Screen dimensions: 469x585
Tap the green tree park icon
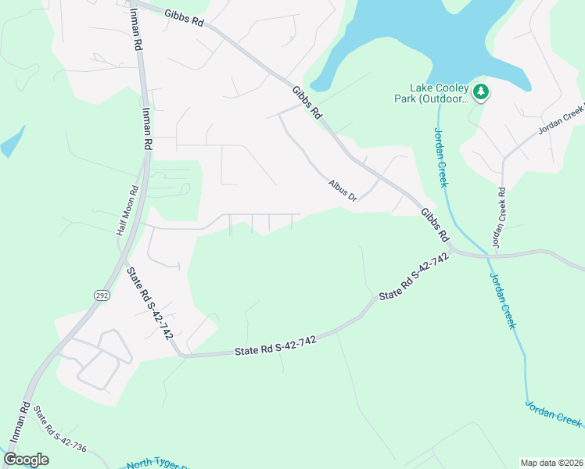(x=481, y=93)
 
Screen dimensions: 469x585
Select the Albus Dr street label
(x=342, y=191)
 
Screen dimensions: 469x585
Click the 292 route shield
(x=103, y=295)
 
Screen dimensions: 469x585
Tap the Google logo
(x=26, y=460)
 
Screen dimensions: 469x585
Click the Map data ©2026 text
(x=551, y=463)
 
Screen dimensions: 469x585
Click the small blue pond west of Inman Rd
(x=12, y=141)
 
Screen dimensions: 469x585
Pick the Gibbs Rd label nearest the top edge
(x=184, y=18)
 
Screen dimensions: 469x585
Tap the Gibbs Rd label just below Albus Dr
(x=435, y=224)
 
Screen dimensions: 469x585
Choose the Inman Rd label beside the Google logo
(x=20, y=423)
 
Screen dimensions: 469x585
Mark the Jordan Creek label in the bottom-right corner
(x=552, y=414)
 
